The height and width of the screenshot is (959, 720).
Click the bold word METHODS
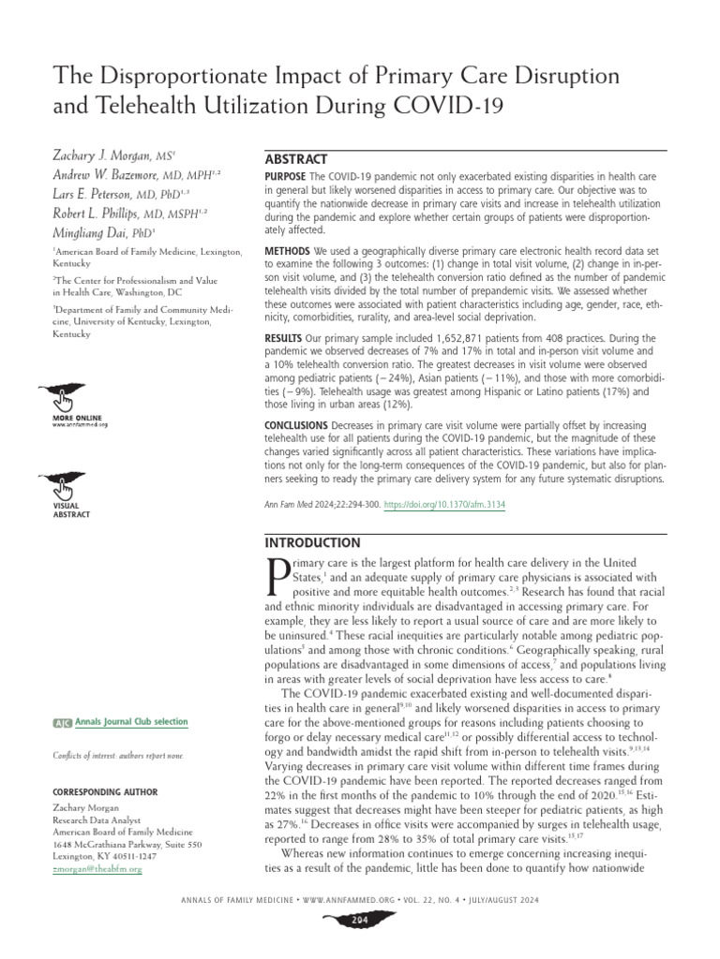[289, 253]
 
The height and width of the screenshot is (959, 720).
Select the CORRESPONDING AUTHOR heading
[103, 791]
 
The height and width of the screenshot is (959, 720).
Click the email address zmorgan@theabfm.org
[97, 869]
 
